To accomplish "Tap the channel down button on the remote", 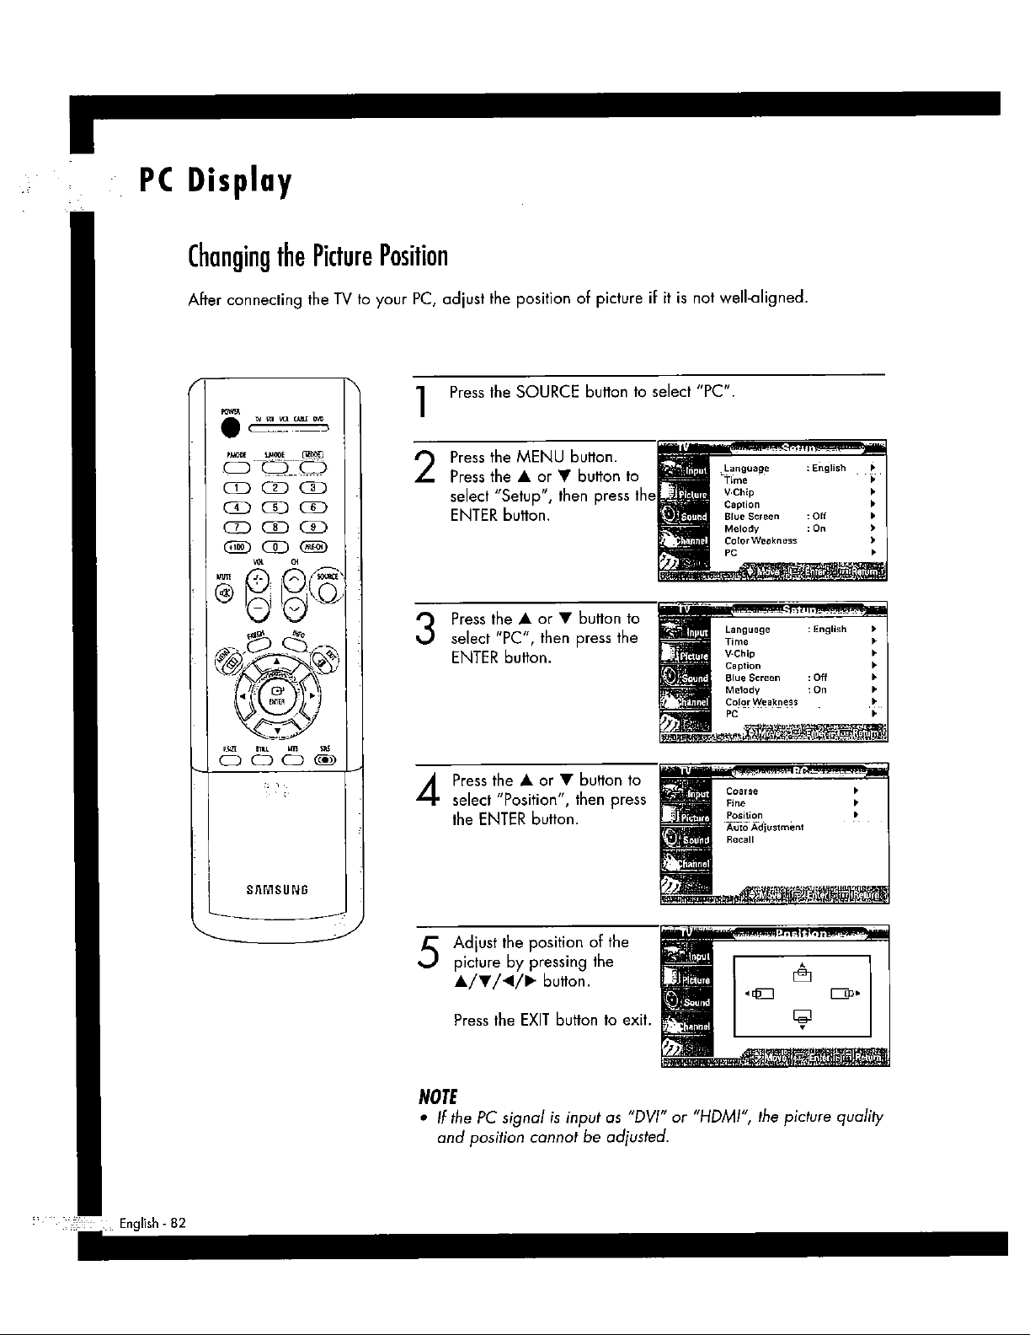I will pos(295,609).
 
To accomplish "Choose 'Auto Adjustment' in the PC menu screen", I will pos(765,828).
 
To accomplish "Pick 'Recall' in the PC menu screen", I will pos(739,839).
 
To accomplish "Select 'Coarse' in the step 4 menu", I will pos(742,791).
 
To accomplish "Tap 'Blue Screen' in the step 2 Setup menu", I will pos(751,517).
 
